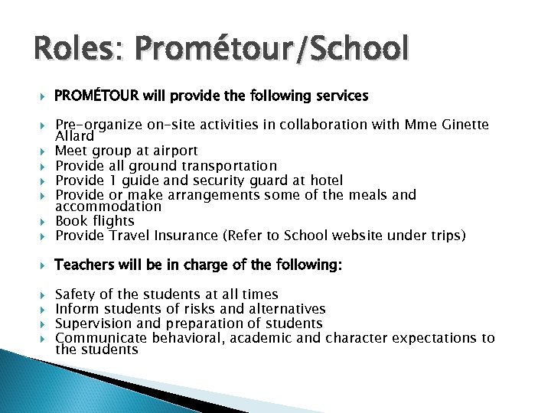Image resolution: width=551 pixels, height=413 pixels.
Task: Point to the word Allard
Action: click(x=75, y=135)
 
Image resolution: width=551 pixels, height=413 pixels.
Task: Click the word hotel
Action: click(x=324, y=180)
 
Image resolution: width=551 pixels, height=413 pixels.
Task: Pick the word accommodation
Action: click(x=109, y=206)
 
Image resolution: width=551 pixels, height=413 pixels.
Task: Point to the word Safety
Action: click(x=77, y=294)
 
